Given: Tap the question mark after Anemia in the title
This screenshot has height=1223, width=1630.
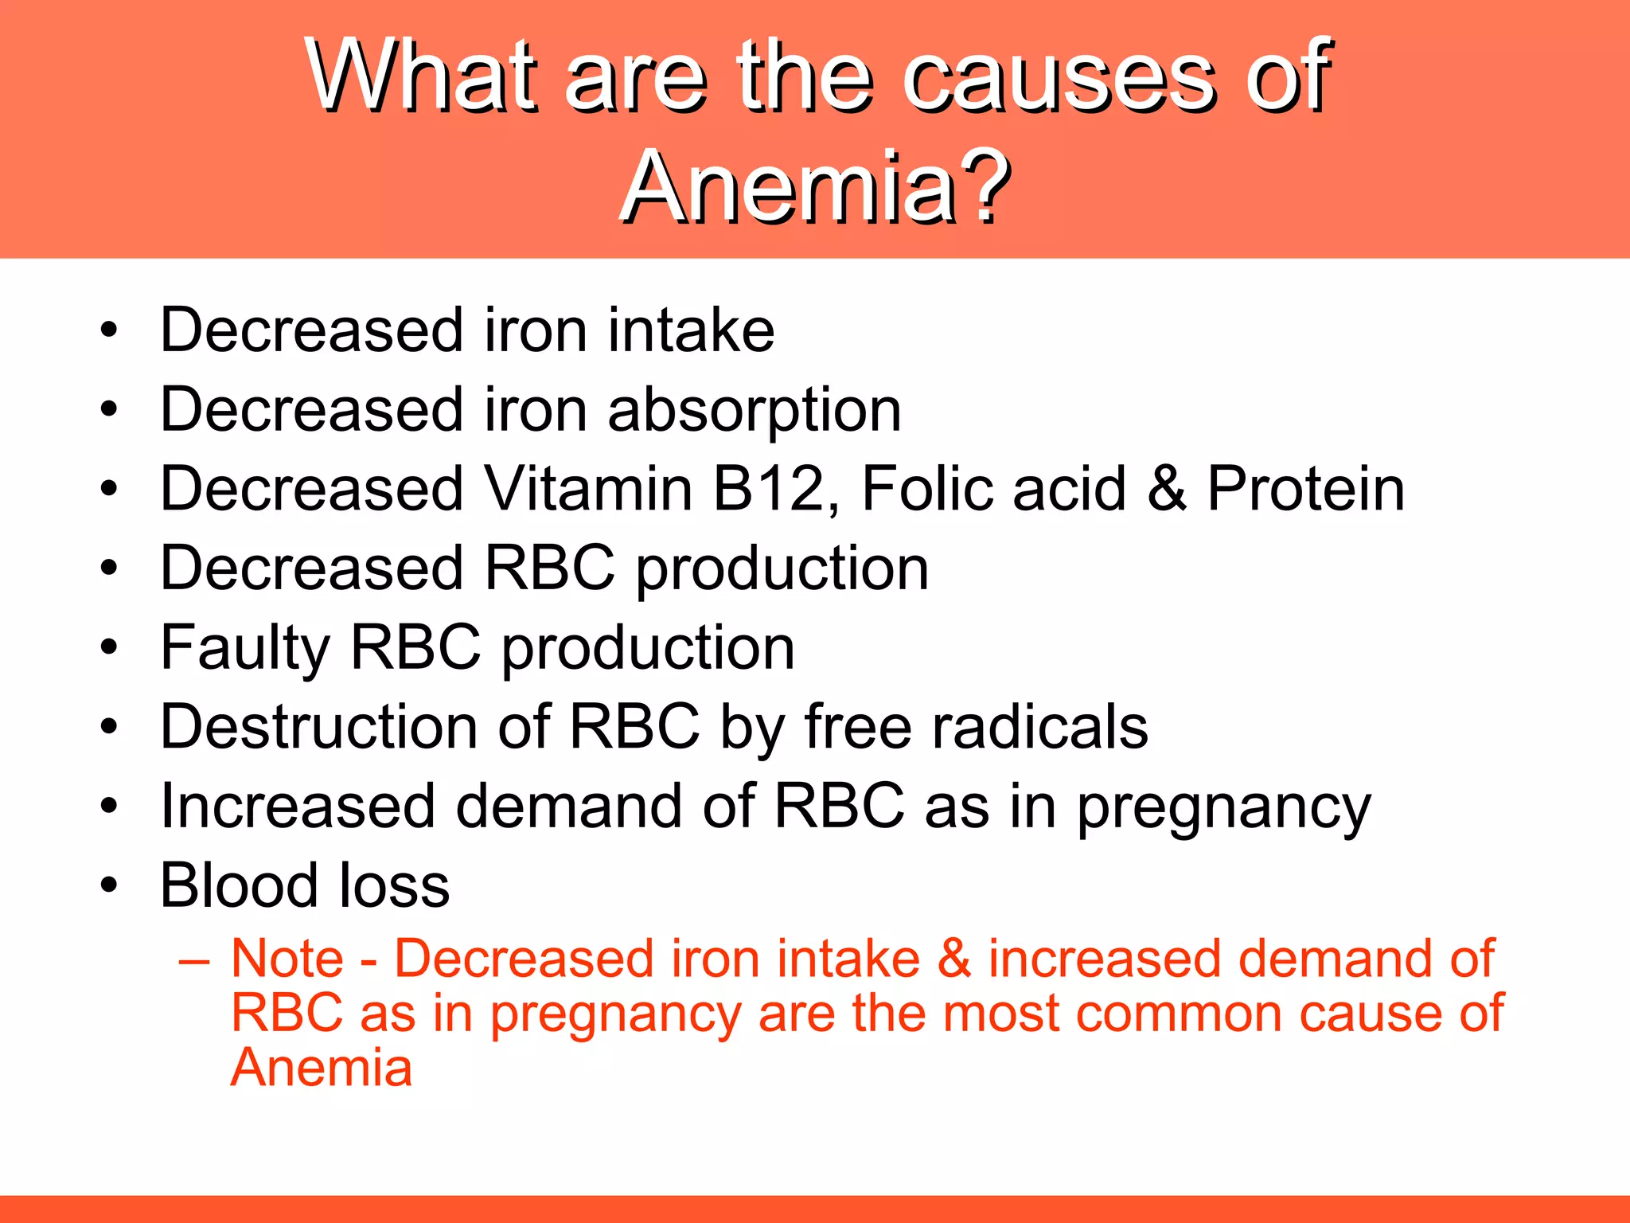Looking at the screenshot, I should point(985,188).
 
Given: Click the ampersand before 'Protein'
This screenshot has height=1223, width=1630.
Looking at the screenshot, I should point(1167,489).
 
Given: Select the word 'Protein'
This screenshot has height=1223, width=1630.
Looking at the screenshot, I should point(1305,489).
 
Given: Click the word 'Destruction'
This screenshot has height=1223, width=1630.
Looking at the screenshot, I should point(318,726).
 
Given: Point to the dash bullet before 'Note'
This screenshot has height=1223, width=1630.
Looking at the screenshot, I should point(194,960).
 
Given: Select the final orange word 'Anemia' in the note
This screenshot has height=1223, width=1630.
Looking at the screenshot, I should point(322,1068).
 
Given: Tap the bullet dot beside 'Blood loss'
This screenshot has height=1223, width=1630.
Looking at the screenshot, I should point(109,885).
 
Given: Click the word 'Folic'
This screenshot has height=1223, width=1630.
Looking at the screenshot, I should point(927,489).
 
